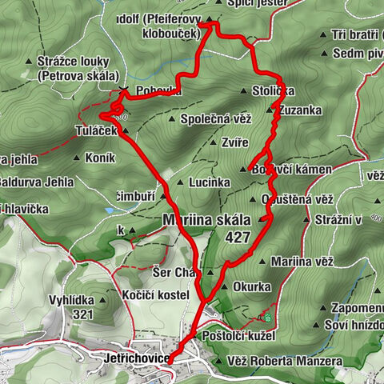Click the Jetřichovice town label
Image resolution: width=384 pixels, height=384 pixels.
[136, 359]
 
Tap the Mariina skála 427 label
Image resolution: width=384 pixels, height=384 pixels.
[206, 228]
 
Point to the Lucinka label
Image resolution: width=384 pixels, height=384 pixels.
[210, 182]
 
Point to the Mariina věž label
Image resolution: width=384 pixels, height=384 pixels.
[302, 260]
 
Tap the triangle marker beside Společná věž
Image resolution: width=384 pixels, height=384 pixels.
[174, 119]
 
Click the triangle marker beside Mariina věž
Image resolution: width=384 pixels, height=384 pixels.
[264, 260]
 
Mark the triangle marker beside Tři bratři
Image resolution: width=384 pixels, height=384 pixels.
[324, 35]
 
